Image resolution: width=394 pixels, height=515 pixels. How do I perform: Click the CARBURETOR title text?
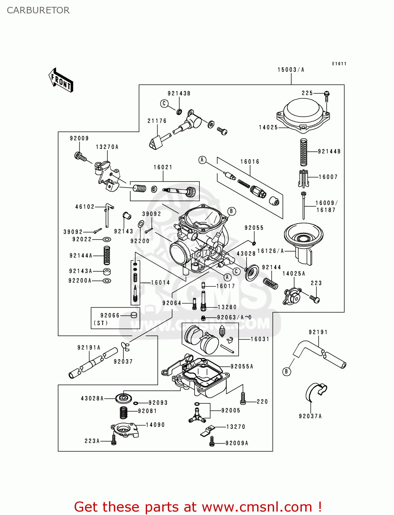pos(38,10)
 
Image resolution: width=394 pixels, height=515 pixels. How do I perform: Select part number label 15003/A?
pos(291,70)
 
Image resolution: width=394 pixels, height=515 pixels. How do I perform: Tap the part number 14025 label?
pos(268,127)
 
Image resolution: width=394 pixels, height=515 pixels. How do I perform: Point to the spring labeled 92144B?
pos(304,152)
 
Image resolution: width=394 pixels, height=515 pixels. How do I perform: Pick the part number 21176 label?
pos(157,121)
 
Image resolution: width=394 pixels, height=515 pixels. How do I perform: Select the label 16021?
pos(163,167)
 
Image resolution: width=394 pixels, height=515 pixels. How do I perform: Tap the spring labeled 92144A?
pos(107,255)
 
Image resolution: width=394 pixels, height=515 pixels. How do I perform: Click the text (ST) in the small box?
pos(100,323)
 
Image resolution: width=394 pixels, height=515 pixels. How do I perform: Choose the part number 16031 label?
pos(260,339)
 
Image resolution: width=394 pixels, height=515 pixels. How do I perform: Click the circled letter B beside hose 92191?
pos(286,371)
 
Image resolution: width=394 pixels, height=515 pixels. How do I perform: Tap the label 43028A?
pos(92,398)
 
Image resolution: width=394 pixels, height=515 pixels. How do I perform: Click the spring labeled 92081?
pos(124,412)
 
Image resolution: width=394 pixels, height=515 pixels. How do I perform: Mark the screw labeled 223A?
pos(114,440)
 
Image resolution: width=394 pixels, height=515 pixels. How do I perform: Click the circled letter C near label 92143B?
pos(164,103)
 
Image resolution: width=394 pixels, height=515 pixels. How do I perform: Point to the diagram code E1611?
pos(339,64)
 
